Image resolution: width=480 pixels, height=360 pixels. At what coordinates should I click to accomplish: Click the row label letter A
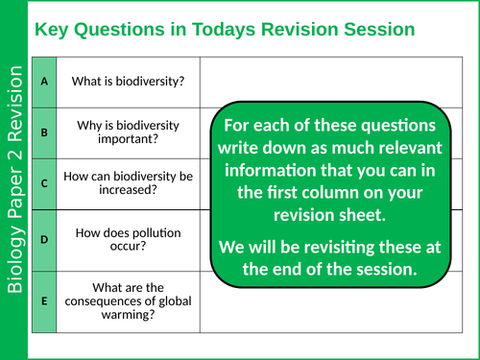(44, 81)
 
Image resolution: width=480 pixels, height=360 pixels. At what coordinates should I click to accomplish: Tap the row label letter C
(44, 180)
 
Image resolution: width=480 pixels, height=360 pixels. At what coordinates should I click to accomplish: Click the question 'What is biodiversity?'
(128, 81)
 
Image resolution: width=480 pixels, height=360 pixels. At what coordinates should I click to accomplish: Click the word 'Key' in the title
(52, 30)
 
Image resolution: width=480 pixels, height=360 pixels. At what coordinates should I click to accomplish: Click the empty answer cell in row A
(336, 81)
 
